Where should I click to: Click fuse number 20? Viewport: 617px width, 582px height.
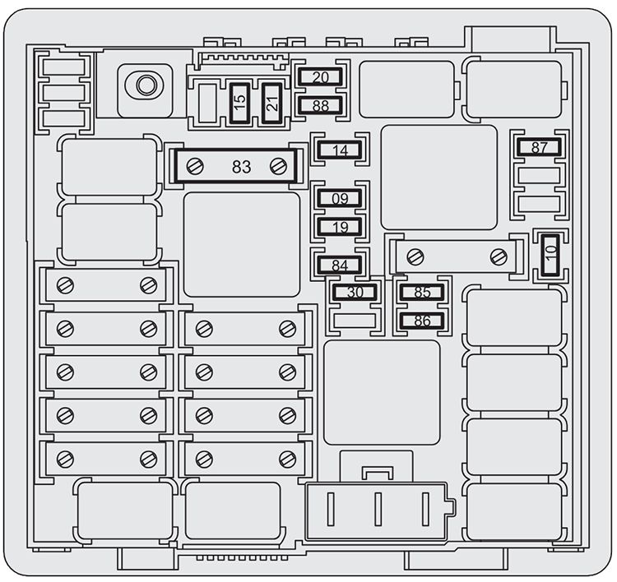(321, 77)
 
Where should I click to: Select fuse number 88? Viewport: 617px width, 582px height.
(321, 105)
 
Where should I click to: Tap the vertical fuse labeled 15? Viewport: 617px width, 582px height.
(240, 103)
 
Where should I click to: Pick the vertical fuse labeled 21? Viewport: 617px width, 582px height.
(271, 103)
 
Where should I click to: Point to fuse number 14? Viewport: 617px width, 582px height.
(339, 150)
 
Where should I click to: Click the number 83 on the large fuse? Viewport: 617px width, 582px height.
(241, 167)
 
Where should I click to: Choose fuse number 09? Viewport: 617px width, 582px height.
(339, 198)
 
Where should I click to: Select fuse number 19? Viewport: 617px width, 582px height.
(339, 227)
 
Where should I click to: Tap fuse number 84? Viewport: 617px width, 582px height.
(339, 265)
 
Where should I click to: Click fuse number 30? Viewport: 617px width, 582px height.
(355, 292)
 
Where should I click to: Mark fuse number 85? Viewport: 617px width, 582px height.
(422, 292)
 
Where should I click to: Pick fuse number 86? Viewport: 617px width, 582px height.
(422, 321)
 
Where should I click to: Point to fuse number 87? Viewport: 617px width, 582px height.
(539, 148)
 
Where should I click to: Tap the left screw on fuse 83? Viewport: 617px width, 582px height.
(195, 166)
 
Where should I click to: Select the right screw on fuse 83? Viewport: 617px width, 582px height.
(279, 166)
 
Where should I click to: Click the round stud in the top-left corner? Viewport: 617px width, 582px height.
(146, 84)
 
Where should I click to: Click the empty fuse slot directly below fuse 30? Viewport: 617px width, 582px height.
(355, 321)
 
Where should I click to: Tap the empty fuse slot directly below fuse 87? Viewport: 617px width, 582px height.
(539, 175)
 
